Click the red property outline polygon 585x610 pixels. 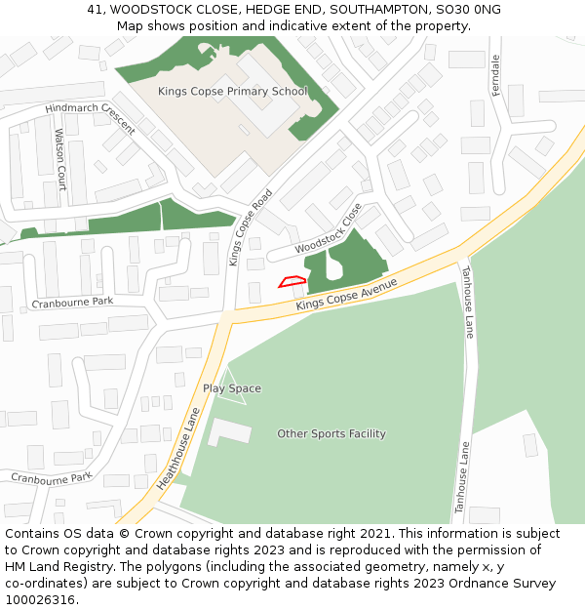tap(292, 282)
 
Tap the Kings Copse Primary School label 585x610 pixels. tap(232, 92)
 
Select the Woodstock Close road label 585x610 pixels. tap(330, 235)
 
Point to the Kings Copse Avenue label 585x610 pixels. tap(347, 295)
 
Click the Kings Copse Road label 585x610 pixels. tap(251, 228)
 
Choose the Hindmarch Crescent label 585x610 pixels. tap(90, 116)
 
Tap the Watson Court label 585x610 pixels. tap(60, 159)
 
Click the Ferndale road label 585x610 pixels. tap(495, 74)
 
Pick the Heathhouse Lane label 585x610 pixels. tap(177, 449)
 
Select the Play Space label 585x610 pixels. tap(232, 388)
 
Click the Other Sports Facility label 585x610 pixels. tap(331, 433)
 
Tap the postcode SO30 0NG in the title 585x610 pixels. tap(469, 9)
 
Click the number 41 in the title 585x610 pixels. tap(95, 9)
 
